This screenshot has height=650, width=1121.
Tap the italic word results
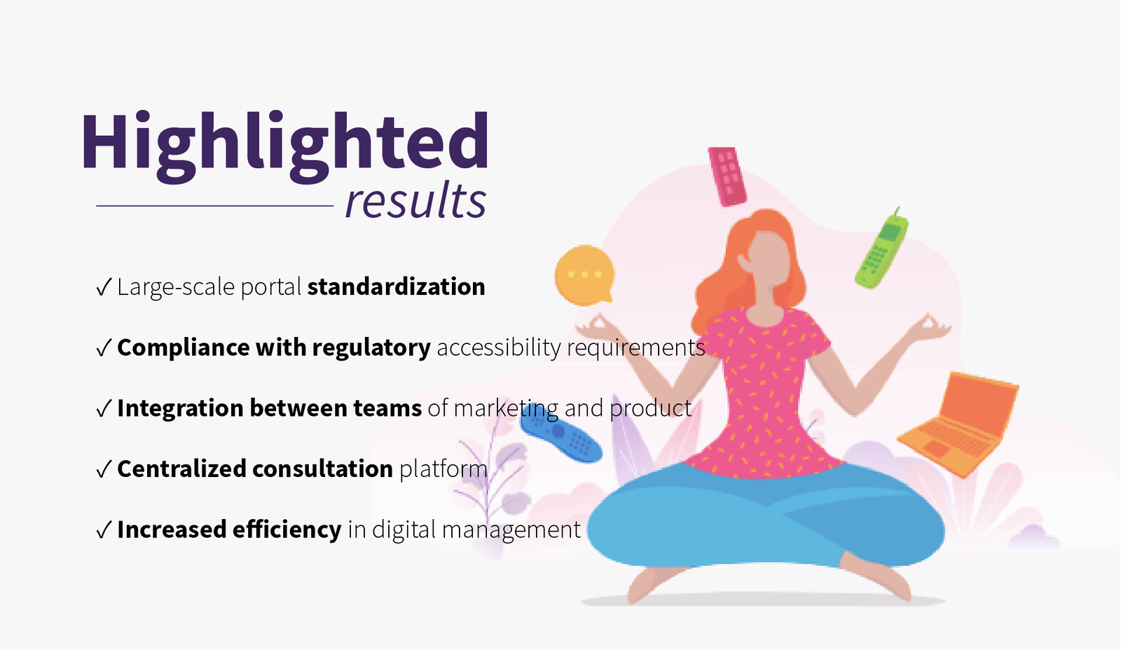coord(415,201)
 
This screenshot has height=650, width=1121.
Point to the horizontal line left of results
coord(214,206)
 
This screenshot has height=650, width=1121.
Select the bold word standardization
coord(396,286)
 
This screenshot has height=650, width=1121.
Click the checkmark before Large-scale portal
coord(104,287)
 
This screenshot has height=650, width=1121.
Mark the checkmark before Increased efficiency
coord(104,530)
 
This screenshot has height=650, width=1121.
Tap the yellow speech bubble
coord(584,275)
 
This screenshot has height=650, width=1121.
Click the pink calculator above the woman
coord(727,176)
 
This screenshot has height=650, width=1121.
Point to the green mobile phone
coord(882,249)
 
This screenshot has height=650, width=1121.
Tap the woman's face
coord(766,260)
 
